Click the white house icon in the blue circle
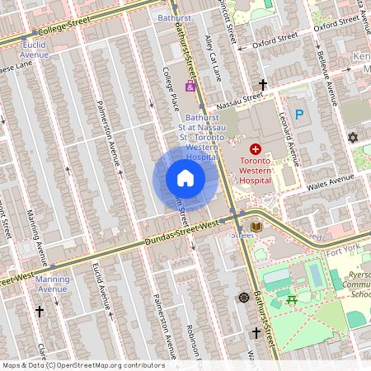pyautogui.click(x=185, y=178)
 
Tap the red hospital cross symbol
pyautogui.click(x=255, y=148)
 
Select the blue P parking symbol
pyautogui.click(x=299, y=116)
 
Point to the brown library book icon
pyautogui.click(x=256, y=226)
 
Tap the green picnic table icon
pyautogui.click(x=289, y=300)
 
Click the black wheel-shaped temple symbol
pyautogui.click(x=243, y=297)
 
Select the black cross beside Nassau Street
pyautogui.click(x=263, y=85)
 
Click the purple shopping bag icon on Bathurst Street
pyautogui.click(x=190, y=87)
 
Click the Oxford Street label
pyautogui.click(x=275, y=37)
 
